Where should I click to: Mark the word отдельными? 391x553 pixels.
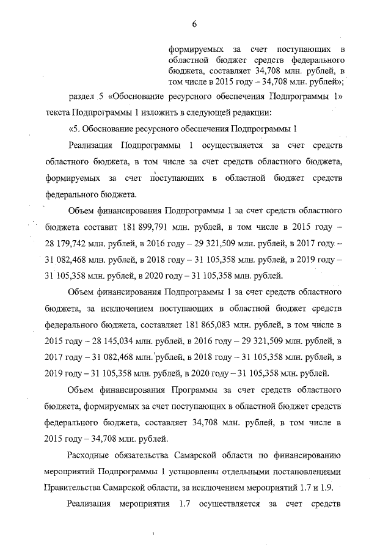[x=247, y=472]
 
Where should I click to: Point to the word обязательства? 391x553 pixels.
[x=158, y=455]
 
